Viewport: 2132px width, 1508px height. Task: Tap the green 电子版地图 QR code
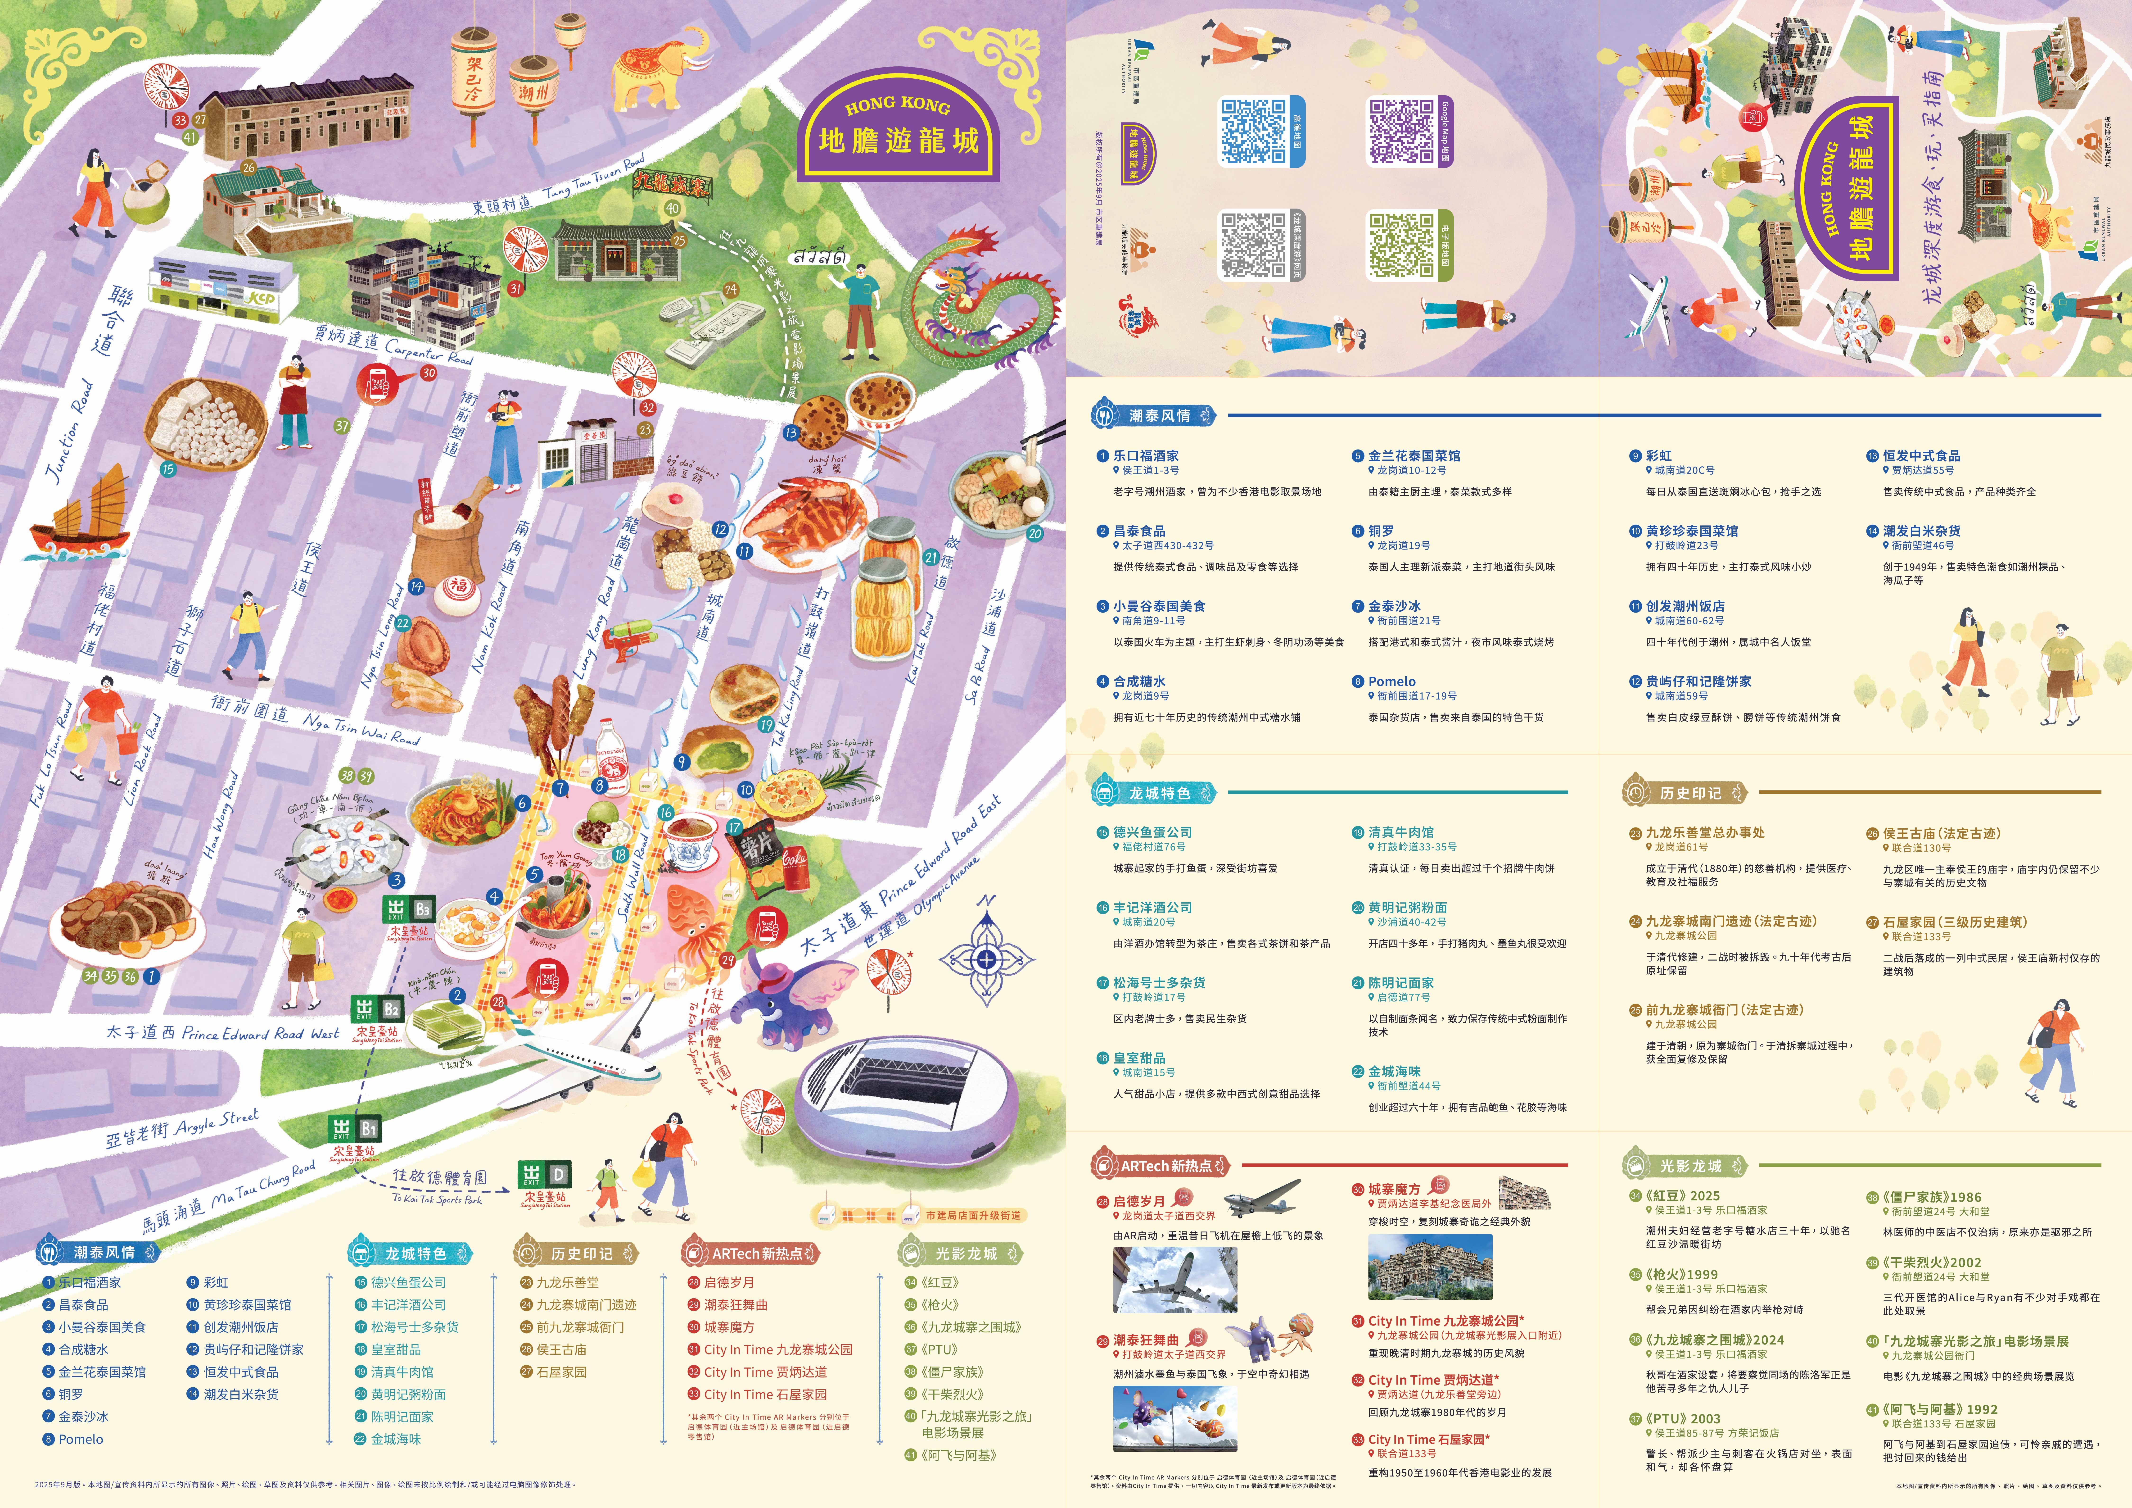(x=1402, y=246)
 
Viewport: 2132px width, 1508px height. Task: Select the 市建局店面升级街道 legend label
(x=973, y=1215)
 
